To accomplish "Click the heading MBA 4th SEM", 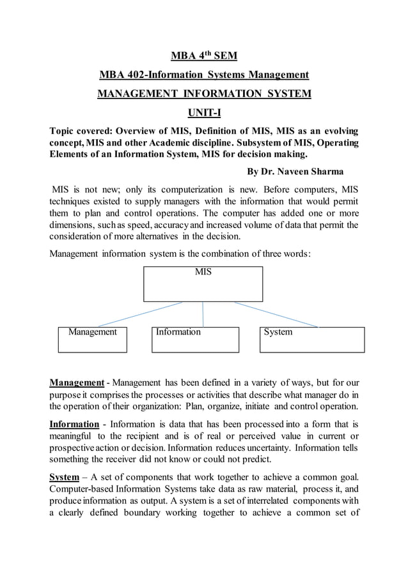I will coord(203,56).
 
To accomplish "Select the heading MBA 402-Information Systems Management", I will coord(203,75).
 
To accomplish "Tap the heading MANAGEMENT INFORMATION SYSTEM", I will coord(203,95).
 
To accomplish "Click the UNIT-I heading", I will coord(203,114).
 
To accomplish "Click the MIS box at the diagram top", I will coord(203,284).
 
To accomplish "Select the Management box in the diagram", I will coord(92,339).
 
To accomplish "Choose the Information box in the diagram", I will coord(195,339).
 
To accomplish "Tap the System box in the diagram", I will coord(311,339).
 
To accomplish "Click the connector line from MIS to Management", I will coord(141,314).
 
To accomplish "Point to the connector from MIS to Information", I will coord(203,314).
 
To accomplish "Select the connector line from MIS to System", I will coord(275,314).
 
